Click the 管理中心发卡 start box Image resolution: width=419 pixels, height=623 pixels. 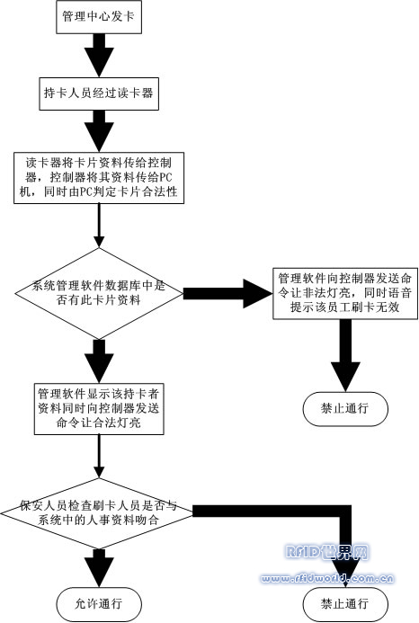pyautogui.click(x=99, y=17)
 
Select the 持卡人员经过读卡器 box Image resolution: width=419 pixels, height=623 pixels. pyautogui.click(x=99, y=93)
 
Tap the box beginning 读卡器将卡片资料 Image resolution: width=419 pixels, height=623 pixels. pyautogui.click(x=99, y=178)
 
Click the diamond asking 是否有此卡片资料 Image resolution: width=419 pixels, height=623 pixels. pyautogui.click(x=99, y=294)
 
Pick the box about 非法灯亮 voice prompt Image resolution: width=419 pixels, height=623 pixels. pyautogui.click(x=345, y=293)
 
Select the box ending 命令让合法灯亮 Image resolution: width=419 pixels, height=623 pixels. pyautogui.click(x=99, y=408)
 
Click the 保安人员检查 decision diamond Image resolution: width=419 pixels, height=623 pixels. pyautogui.click(x=97, y=513)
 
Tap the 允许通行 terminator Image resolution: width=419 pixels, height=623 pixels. pyautogui.click(x=99, y=604)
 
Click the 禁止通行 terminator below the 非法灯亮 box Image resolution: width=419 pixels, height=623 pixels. pyautogui.click(x=345, y=409)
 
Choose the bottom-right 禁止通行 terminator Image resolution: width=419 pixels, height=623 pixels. pyautogui.click(x=345, y=604)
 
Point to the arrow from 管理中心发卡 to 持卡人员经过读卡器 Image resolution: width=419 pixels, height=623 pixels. pyautogui.click(x=99, y=56)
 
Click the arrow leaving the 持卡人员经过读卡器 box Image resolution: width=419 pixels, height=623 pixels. pyautogui.click(x=99, y=131)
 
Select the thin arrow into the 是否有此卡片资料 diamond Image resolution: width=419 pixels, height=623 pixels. pyautogui.click(x=99, y=226)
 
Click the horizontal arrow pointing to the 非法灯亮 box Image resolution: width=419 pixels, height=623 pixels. pyautogui.click(x=228, y=294)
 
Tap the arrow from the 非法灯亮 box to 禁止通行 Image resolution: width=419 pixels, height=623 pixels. pyautogui.click(x=345, y=356)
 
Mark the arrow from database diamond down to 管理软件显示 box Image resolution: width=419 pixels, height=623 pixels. pyautogui.click(x=99, y=361)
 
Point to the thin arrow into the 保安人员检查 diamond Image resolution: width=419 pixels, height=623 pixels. pyautogui.click(x=99, y=456)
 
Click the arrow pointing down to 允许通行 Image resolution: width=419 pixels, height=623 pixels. pyautogui.click(x=99, y=568)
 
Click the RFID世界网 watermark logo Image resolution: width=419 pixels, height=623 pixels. pyautogui.click(x=326, y=552)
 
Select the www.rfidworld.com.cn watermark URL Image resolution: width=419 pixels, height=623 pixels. pyautogui.click(x=326, y=579)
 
